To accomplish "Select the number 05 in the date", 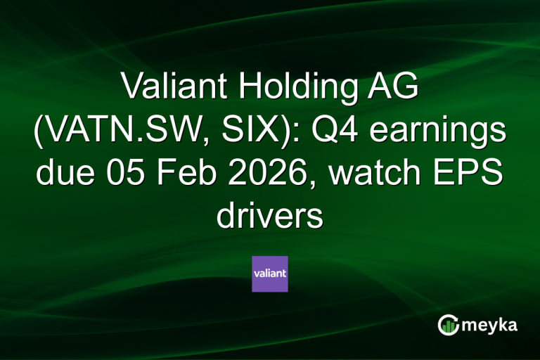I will point(124,175).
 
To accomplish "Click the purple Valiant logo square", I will point(270,274).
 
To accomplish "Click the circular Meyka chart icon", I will point(448,325).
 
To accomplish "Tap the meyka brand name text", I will point(493,326).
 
